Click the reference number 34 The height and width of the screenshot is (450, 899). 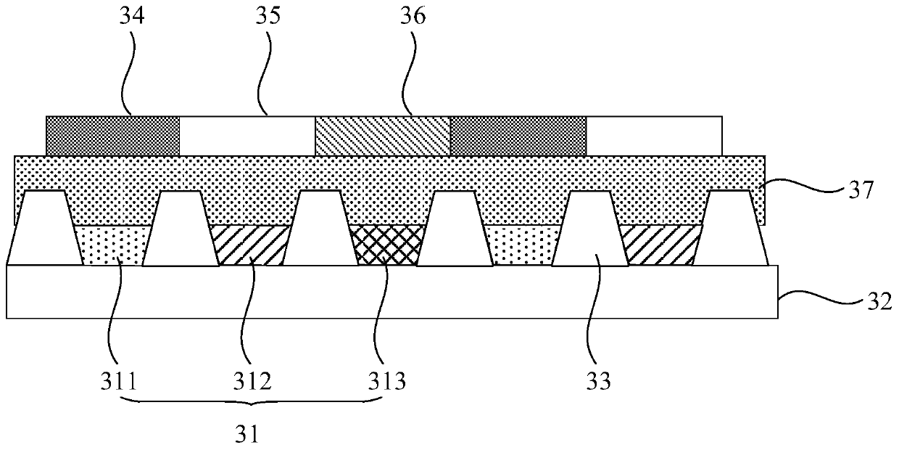click(133, 15)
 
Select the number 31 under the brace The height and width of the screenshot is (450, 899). click(249, 434)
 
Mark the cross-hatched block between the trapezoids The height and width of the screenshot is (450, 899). click(386, 245)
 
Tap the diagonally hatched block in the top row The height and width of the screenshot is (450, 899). click(383, 135)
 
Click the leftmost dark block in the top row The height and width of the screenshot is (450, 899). click(113, 135)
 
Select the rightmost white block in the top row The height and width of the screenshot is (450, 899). click(654, 135)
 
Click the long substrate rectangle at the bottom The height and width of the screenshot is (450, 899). click(391, 292)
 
